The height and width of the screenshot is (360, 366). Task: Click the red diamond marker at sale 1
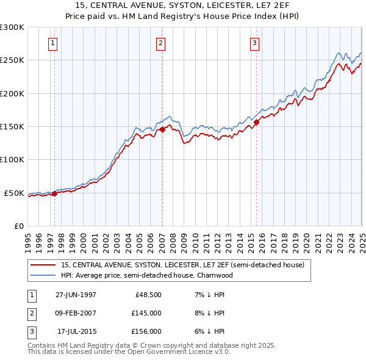[54, 193]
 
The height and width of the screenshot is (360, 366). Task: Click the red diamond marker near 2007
[162, 129]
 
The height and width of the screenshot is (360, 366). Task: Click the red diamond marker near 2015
[256, 122]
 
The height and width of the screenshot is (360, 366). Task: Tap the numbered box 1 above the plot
[54, 43]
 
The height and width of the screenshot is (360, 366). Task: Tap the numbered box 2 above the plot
[160, 43]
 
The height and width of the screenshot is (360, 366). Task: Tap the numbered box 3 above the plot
[254, 43]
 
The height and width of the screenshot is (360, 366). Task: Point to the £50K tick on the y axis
[14, 193]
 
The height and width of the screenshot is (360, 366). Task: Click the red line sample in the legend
[43, 265]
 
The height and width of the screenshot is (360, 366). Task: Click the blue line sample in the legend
[43, 275]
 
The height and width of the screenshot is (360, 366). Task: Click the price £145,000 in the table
[146, 313]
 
